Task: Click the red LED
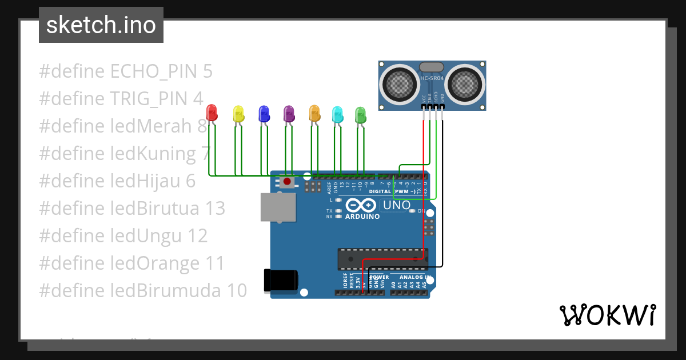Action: (x=212, y=112)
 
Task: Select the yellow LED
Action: (x=238, y=113)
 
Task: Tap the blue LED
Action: (x=264, y=113)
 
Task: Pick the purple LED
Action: (x=289, y=113)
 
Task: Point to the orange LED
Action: (x=314, y=113)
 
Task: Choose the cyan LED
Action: (x=337, y=114)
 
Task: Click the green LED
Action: (x=360, y=114)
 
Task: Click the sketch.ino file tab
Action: (x=101, y=25)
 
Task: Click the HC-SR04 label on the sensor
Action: (x=433, y=78)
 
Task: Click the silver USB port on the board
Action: (x=278, y=206)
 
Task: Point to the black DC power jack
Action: (x=280, y=281)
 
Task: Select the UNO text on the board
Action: (x=397, y=205)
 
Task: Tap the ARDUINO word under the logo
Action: (x=362, y=217)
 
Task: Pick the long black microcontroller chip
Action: (x=382, y=259)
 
